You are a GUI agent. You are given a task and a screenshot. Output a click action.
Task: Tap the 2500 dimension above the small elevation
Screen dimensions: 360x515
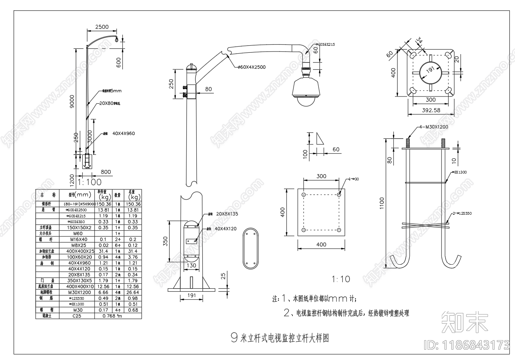(x=102, y=27)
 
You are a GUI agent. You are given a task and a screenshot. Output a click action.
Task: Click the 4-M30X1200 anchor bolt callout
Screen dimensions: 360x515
(x=433, y=127)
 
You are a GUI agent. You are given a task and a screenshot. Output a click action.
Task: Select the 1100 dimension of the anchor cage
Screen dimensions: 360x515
(x=382, y=206)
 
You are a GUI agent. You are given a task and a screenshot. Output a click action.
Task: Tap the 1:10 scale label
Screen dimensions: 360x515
(x=340, y=279)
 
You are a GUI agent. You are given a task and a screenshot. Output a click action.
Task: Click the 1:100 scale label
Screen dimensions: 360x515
(x=89, y=182)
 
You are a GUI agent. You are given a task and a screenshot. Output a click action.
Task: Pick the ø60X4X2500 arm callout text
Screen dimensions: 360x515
(x=251, y=67)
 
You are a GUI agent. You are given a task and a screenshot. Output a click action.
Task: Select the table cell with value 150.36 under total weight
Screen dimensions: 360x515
(x=133, y=204)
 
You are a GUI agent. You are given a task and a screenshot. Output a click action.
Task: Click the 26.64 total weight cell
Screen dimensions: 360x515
(x=133, y=292)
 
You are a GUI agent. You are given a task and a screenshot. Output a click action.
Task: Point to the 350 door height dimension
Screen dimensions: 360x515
(x=165, y=241)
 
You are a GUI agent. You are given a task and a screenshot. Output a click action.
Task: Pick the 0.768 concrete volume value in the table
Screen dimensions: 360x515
(x=111, y=316)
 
